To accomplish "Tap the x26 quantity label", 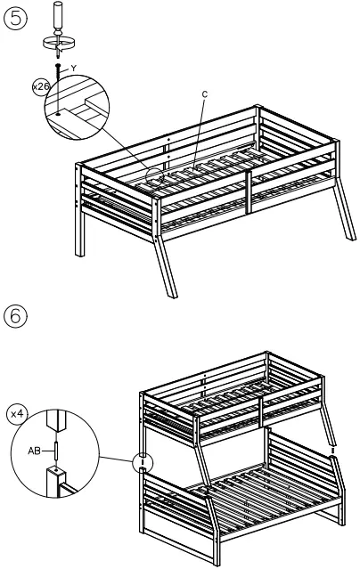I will pyautogui.click(x=40, y=87).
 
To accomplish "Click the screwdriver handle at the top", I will pyautogui.click(x=59, y=16).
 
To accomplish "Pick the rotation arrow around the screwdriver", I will pyautogui.click(x=59, y=41).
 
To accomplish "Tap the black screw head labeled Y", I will pyautogui.click(x=59, y=68).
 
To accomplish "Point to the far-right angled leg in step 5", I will pyautogui.click(x=347, y=223).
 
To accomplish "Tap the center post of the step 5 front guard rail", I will pyautogui.click(x=250, y=191).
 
